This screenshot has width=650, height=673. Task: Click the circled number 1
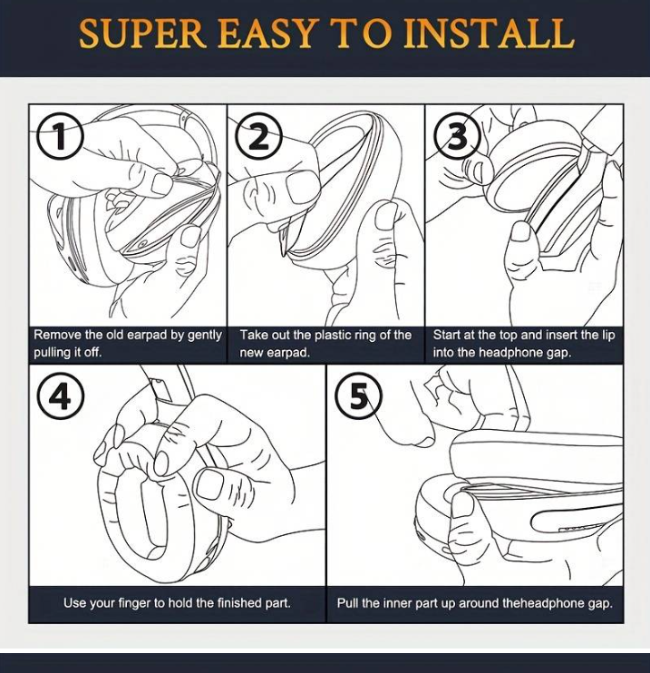(60, 136)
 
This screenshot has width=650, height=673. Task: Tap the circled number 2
(259, 136)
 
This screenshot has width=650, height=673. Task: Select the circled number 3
(457, 136)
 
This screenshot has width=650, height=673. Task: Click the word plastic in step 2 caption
(335, 335)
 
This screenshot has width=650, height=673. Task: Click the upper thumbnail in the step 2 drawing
(302, 187)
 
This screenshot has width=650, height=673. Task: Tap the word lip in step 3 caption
(609, 335)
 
